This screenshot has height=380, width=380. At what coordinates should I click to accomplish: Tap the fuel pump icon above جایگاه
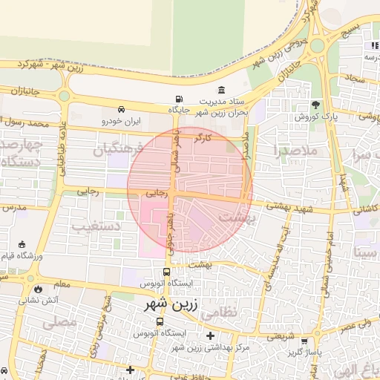click(178, 99)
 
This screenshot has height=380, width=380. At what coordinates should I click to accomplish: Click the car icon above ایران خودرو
click(121, 108)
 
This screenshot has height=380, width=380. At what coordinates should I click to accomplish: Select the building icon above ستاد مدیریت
click(222, 90)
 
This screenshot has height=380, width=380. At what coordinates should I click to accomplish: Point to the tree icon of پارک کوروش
click(315, 105)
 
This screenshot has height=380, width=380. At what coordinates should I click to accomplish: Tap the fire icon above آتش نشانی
click(38, 288)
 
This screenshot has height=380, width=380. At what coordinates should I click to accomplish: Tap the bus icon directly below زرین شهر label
click(160, 321)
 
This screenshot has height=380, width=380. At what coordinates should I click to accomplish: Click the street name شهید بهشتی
click(293, 210)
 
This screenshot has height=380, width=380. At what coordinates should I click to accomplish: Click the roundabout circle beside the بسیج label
click(317, 45)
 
